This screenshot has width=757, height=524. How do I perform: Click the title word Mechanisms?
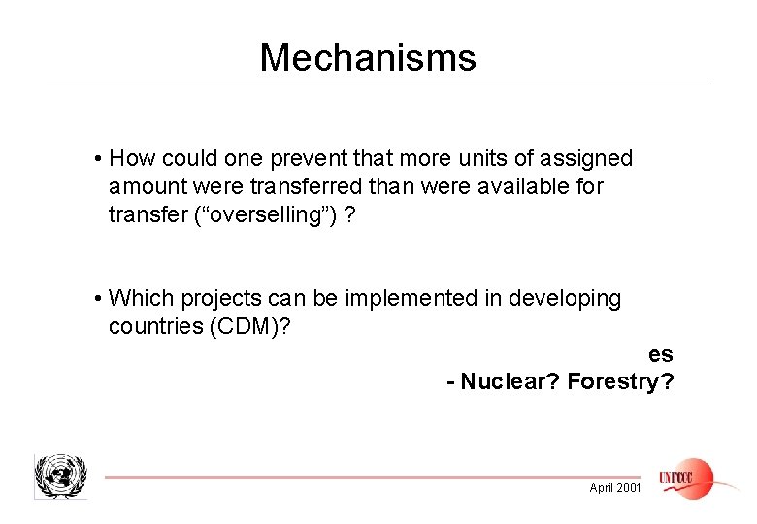pyautogui.click(x=368, y=58)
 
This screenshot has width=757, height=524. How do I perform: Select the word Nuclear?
pyautogui.click(x=510, y=381)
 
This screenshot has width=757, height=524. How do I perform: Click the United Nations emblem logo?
pyautogui.click(x=60, y=475)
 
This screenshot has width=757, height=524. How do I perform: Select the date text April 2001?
pyautogui.click(x=615, y=487)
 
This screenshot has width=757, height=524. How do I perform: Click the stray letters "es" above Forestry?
pyautogui.click(x=661, y=354)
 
